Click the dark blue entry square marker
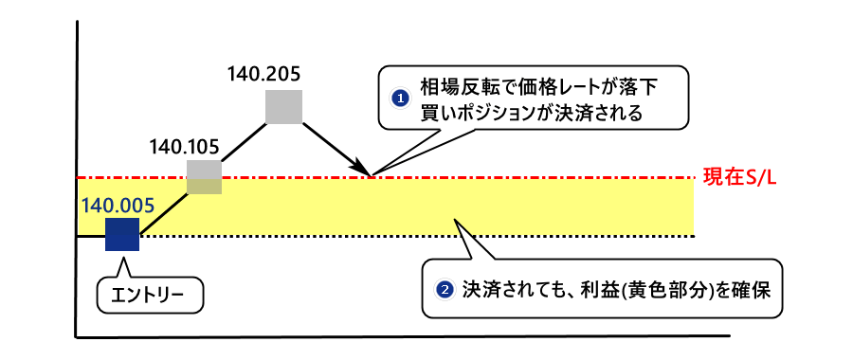(122, 234)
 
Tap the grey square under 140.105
(204, 177)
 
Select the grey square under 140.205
(283, 106)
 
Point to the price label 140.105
(185, 147)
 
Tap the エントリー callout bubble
(152, 297)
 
